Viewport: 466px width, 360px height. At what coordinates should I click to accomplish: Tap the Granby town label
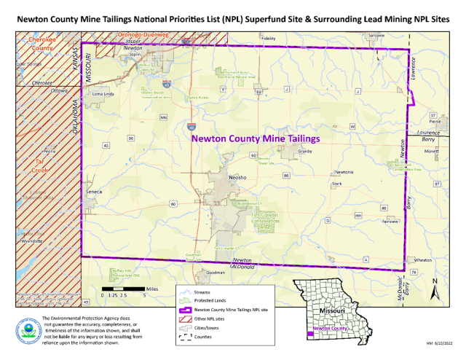(x=304, y=152)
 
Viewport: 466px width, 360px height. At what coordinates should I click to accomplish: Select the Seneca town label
(x=95, y=192)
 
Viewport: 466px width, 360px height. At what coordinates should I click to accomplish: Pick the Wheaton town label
(x=422, y=259)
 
